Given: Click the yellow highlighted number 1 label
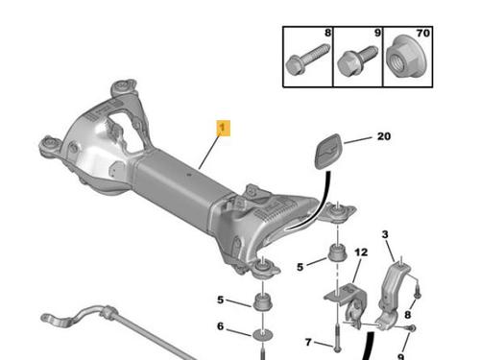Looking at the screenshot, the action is pyautogui.click(x=224, y=128).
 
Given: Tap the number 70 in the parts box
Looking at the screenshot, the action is pyautogui.click(x=422, y=33).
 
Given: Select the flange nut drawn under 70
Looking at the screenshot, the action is pyautogui.click(x=406, y=58).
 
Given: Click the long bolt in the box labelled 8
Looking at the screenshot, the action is pyautogui.click(x=307, y=60).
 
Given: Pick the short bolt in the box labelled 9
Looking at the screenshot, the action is pyautogui.click(x=357, y=61).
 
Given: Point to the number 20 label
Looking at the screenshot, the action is pyautogui.click(x=384, y=136).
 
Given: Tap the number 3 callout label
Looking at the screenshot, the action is pyautogui.click(x=385, y=234).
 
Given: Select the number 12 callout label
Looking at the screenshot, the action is pyautogui.click(x=361, y=252).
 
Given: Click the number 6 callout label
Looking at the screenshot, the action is pyautogui.click(x=220, y=326).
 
